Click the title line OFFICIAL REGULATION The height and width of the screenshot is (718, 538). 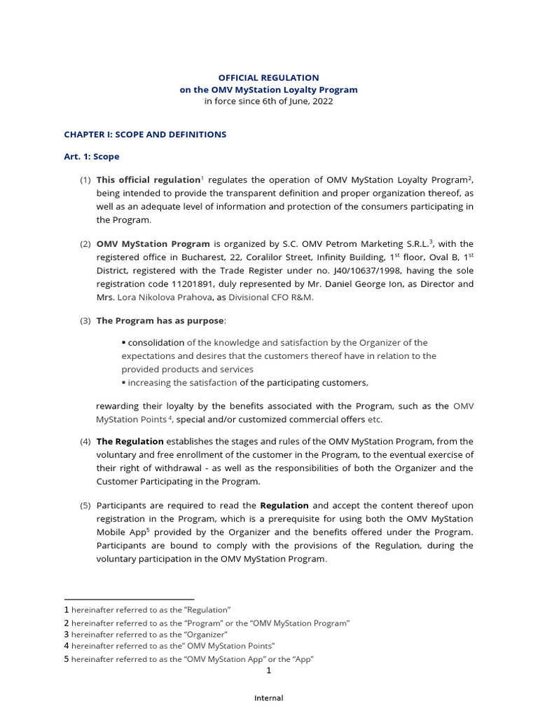[x=269, y=78]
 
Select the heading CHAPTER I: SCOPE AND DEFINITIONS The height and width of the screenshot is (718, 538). [x=145, y=135]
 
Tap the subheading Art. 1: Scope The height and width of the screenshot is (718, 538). [x=92, y=157]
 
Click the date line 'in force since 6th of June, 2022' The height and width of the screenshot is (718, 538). [x=269, y=101]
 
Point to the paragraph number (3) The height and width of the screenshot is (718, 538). [x=85, y=320]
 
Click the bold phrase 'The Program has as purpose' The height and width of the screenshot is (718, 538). [x=160, y=320]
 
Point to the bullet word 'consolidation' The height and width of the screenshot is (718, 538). [x=156, y=343]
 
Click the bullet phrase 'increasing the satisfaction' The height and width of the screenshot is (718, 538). [x=182, y=383]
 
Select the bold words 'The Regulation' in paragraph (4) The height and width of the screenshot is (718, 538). [x=130, y=442]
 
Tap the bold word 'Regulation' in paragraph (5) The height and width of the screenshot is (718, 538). [x=284, y=505]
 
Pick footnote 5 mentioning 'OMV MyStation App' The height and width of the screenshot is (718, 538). [x=189, y=659]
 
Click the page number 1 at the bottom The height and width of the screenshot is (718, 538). [x=268, y=670]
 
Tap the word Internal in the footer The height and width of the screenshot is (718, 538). [x=268, y=698]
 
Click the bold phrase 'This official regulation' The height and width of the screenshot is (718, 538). [x=149, y=180]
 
